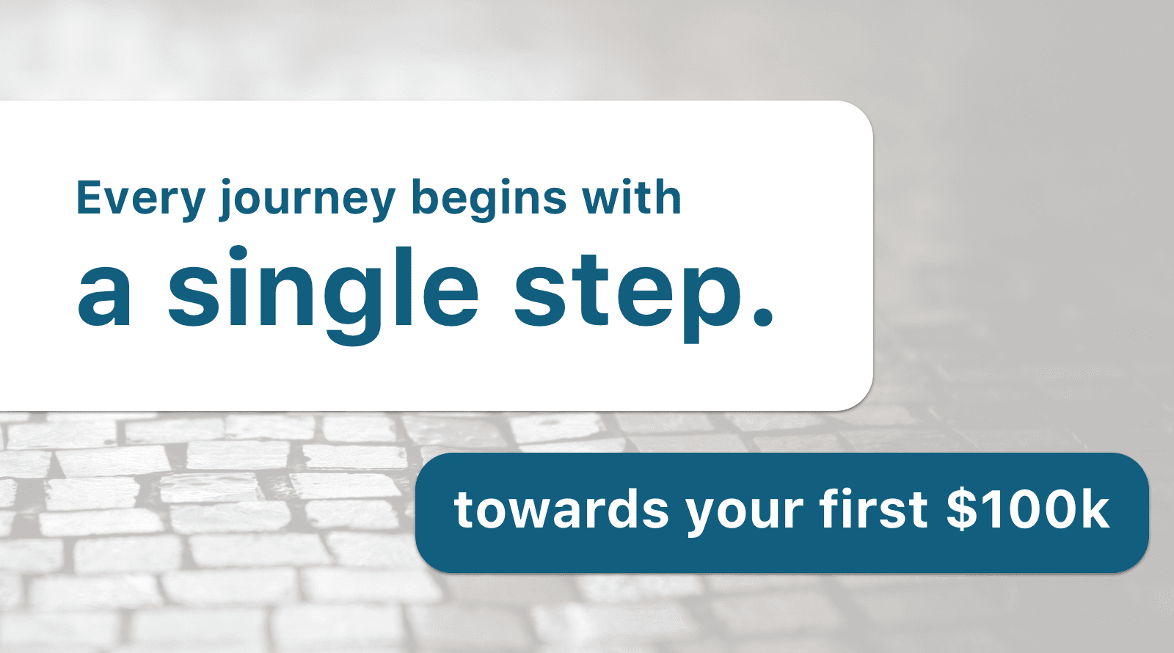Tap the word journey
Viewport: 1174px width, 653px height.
[307, 200]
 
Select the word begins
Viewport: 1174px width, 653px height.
[489, 200]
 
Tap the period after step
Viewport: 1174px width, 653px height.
[762, 317]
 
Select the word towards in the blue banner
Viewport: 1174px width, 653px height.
[561, 508]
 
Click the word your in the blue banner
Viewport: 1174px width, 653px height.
[744, 514]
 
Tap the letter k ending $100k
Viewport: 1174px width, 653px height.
[1093, 508]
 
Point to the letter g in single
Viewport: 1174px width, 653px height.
[353, 304]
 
